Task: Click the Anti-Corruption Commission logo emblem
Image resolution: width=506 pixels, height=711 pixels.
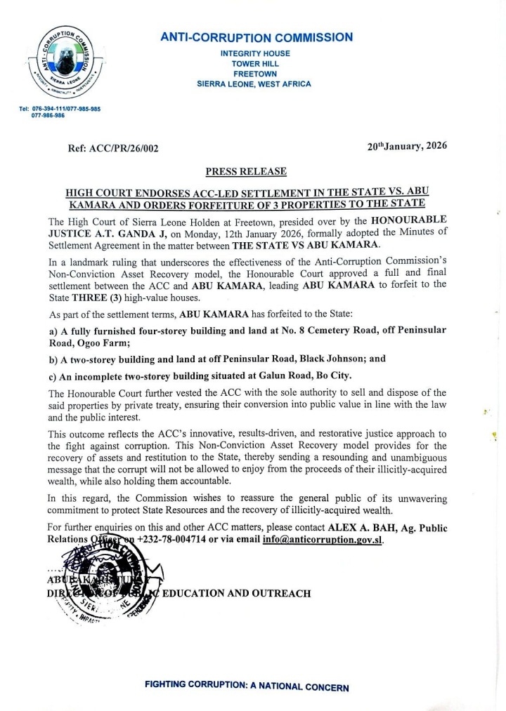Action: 60,67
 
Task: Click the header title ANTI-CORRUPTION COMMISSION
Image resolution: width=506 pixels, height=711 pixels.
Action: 257,37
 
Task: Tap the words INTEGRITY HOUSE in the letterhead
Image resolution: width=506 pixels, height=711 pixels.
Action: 254,53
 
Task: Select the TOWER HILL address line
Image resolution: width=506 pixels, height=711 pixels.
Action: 254,64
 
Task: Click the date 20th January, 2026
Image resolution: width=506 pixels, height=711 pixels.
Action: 407,147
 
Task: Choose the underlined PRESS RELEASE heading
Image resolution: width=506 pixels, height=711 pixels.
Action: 245,171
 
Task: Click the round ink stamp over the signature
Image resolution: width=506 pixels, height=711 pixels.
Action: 110,577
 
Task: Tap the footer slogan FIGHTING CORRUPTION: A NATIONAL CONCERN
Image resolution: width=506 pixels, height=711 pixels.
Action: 246,686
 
